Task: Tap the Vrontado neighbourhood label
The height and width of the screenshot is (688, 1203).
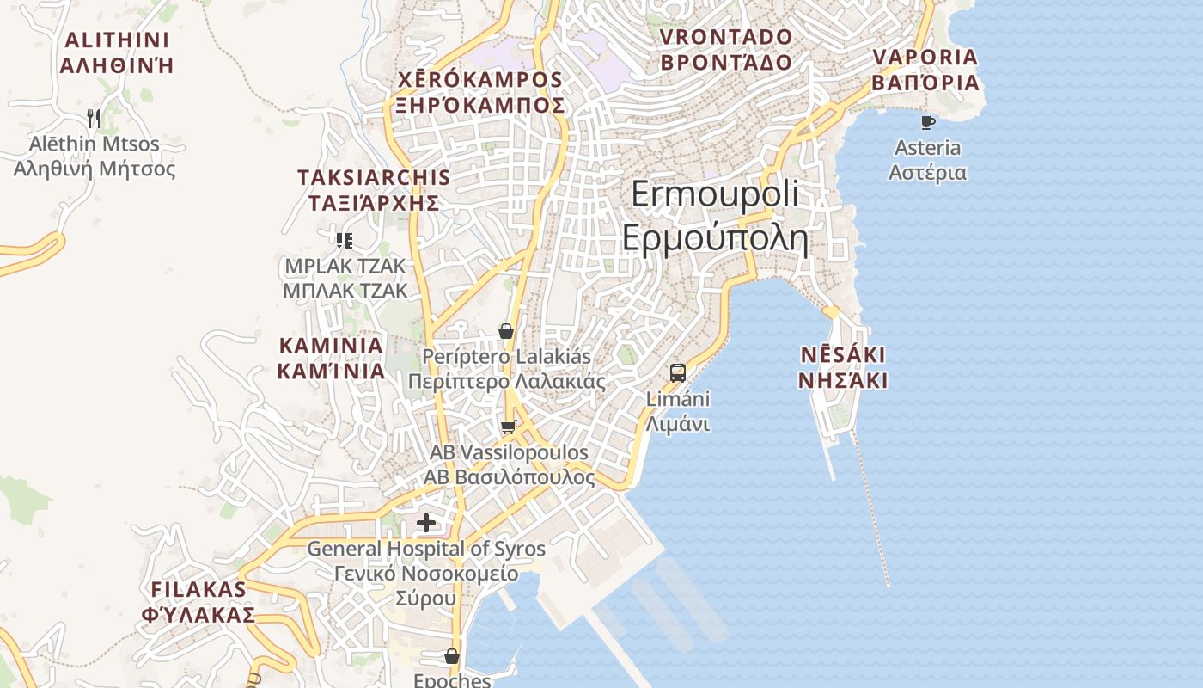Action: click(x=726, y=49)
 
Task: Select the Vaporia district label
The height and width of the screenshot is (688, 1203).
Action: click(x=925, y=70)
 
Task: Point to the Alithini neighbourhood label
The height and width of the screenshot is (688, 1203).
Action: click(x=118, y=52)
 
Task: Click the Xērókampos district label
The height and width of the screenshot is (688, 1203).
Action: click(x=479, y=92)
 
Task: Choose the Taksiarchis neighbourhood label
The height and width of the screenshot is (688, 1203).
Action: click(x=373, y=190)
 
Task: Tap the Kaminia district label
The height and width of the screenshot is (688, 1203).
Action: click(x=331, y=358)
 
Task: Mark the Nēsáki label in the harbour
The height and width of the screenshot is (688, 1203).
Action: click(x=842, y=367)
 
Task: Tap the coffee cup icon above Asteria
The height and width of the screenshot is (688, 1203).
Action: click(x=927, y=123)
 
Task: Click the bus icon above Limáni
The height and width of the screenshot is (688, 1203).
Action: click(x=678, y=373)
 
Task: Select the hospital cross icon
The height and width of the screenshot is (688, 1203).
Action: click(x=426, y=523)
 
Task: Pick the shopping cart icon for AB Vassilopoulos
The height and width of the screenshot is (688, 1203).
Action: click(x=509, y=427)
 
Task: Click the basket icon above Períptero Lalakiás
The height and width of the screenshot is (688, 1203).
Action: click(x=506, y=331)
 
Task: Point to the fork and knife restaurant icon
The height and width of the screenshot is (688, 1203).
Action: click(x=95, y=118)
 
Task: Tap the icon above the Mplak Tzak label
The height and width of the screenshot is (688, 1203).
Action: click(x=345, y=241)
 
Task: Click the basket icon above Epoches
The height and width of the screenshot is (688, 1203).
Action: click(x=452, y=657)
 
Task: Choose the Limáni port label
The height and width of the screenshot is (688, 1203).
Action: click(x=678, y=412)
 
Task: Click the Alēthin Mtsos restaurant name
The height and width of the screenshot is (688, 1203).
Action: click(x=95, y=156)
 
